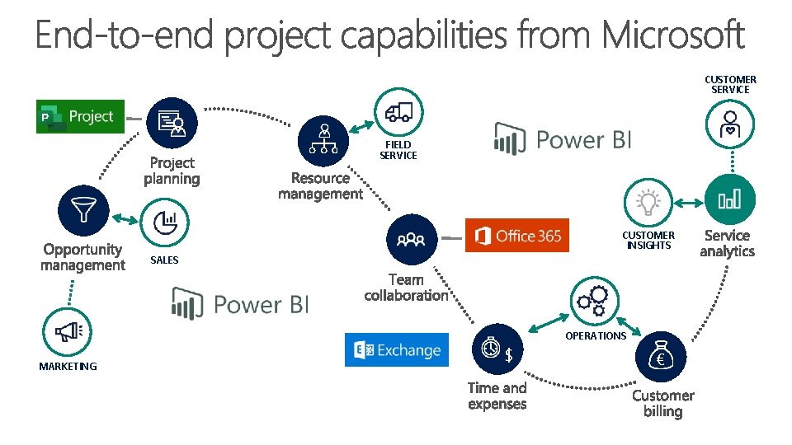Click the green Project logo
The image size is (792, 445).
coord(80,117)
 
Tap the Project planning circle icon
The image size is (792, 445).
coord(172,124)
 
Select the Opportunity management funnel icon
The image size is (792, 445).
coord(83,210)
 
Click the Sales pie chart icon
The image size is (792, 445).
coord(166,222)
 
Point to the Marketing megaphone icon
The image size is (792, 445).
coord(67,331)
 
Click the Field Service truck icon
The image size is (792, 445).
coord(398,113)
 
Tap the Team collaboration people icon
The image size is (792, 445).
coord(411,239)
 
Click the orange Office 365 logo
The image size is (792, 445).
coord(517,237)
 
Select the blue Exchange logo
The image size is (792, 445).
coord(397,350)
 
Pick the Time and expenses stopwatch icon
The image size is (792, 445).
coord(495,349)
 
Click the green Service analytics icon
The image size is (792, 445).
coord(729,199)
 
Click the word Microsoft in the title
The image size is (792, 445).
coord(672,36)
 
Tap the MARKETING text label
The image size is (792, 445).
coord(68,367)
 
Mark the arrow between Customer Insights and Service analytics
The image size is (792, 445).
coord(689,201)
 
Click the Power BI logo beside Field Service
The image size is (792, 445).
coord(563,139)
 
